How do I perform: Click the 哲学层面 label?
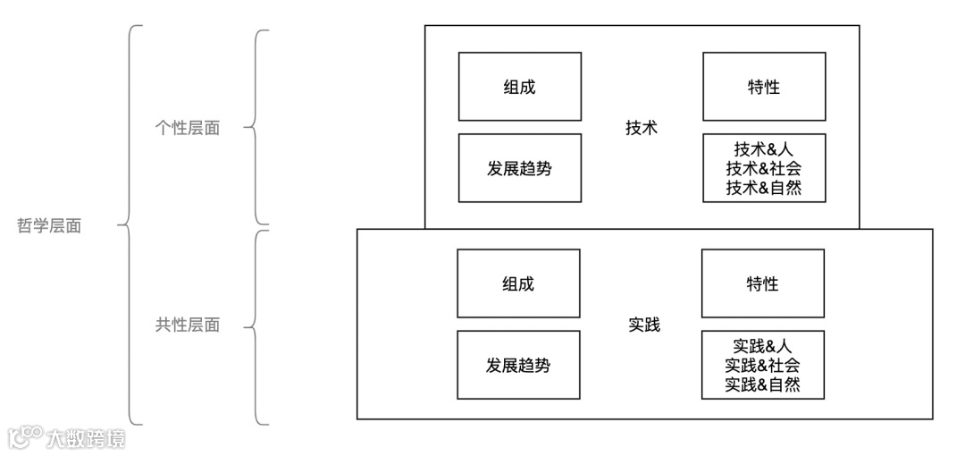pyautogui.click(x=50, y=226)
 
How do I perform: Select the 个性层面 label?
pyautogui.click(x=188, y=128)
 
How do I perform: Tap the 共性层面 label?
pyautogui.click(x=188, y=325)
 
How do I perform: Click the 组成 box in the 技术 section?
pyautogui.click(x=519, y=87)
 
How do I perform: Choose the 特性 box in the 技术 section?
pyautogui.click(x=763, y=87)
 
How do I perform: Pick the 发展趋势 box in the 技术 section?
pyautogui.click(x=519, y=168)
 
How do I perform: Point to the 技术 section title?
pyautogui.click(x=642, y=127)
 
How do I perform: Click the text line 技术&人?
pyautogui.click(x=763, y=149)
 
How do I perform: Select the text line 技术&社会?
pyautogui.click(x=763, y=168)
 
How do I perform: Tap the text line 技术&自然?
pyautogui.click(x=763, y=188)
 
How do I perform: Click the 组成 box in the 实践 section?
pyautogui.click(x=518, y=283)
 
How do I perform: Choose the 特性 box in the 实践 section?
pyautogui.click(x=762, y=283)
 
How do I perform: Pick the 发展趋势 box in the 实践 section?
pyautogui.click(x=518, y=365)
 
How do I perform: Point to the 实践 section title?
pyautogui.click(x=643, y=325)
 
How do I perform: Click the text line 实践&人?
pyautogui.click(x=762, y=346)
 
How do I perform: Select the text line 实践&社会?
pyautogui.click(x=762, y=365)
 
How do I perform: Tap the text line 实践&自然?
pyautogui.click(x=762, y=384)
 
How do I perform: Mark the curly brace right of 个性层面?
pyautogui.click(x=256, y=127)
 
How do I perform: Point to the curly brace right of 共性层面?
pyautogui.click(x=256, y=326)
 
